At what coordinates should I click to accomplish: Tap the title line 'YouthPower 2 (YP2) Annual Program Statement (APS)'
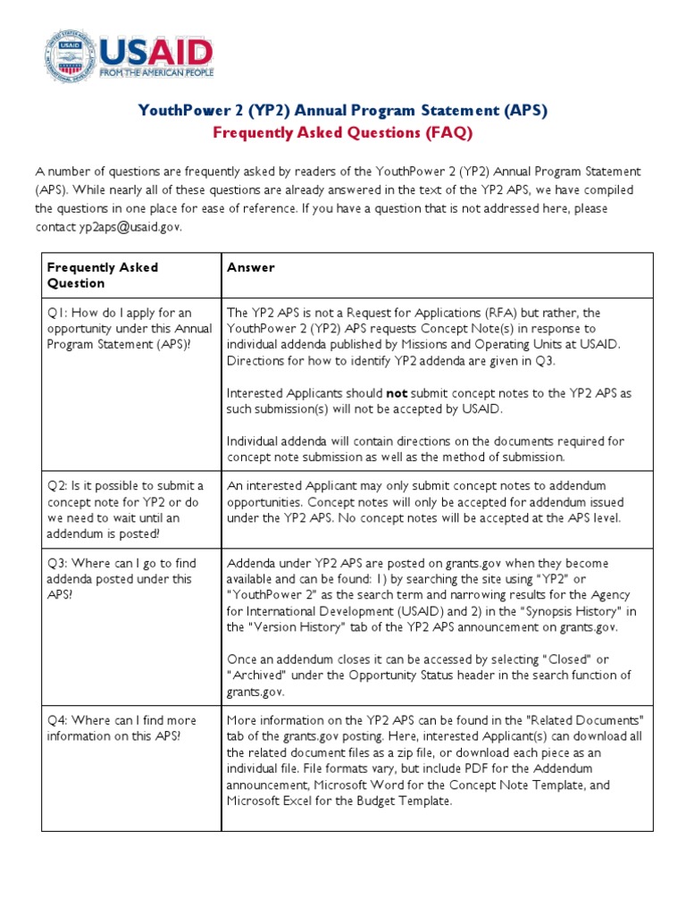(x=342, y=111)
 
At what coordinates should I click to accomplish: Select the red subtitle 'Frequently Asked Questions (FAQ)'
(x=342, y=133)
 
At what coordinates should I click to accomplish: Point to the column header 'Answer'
(x=251, y=267)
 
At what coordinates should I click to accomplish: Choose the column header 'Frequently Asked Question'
(x=103, y=275)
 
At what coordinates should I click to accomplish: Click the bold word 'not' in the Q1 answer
(x=397, y=392)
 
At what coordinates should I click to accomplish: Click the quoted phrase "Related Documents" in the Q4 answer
(x=583, y=720)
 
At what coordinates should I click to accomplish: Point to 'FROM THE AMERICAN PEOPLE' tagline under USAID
(x=156, y=72)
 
